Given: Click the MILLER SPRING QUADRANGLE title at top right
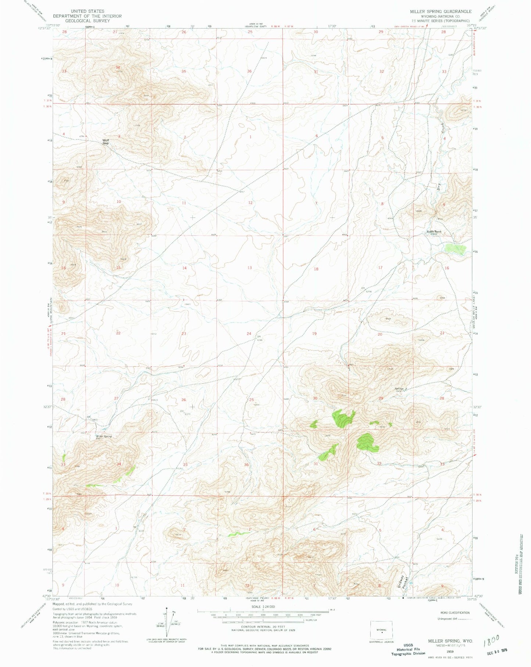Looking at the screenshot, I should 441,11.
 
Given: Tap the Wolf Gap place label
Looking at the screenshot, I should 106,141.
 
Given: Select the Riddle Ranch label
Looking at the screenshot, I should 434,232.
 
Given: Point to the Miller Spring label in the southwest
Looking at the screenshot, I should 104,436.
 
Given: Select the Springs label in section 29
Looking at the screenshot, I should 399,389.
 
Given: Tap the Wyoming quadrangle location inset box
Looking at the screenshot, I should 381,631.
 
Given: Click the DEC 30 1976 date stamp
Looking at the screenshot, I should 496,651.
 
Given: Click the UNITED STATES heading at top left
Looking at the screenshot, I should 87,11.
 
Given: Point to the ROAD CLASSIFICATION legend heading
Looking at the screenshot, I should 455,613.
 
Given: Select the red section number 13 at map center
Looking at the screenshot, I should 250,267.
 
